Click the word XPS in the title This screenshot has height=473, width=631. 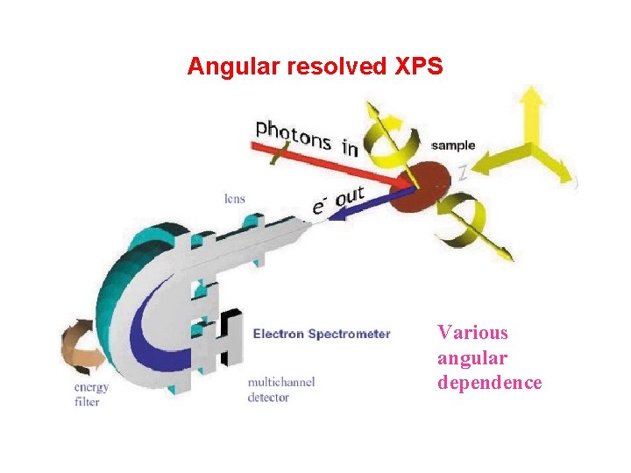421,67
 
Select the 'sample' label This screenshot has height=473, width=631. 454,145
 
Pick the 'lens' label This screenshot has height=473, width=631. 234,199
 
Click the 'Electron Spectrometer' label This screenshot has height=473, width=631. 322,334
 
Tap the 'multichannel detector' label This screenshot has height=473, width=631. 281,390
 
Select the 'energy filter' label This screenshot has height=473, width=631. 92,394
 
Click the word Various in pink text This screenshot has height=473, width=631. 472,333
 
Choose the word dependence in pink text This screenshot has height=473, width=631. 489,383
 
